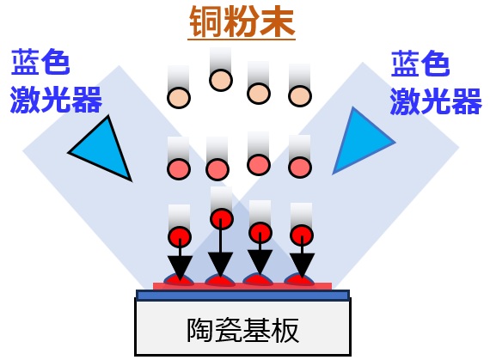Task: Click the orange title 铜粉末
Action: (x=242, y=21)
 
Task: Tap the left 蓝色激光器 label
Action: (x=56, y=80)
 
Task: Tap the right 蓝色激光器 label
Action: (x=436, y=82)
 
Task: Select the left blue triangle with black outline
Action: (x=101, y=149)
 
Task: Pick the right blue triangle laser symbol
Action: (x=361, y=141)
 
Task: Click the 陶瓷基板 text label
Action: (x=242, y=330)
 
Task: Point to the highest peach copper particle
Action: (x=221, y=80)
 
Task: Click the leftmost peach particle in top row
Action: (x=179, y=97)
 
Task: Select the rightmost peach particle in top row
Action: (x=300, y=95)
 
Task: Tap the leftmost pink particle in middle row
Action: (x=179, y=169)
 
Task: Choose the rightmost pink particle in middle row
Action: (x=300, y=168)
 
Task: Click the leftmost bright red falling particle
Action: (x=180, y=237)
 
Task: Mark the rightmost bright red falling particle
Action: (x=302, y=235)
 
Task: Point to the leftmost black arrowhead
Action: (x=180, y=267)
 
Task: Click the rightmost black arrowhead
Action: (x=302, y=265)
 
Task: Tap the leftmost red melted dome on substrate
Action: (x=179, y=280)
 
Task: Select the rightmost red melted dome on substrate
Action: (x=299, y=279)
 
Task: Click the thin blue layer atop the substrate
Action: (x=242, y=295)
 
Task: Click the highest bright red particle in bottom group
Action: (x=222, y=218)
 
